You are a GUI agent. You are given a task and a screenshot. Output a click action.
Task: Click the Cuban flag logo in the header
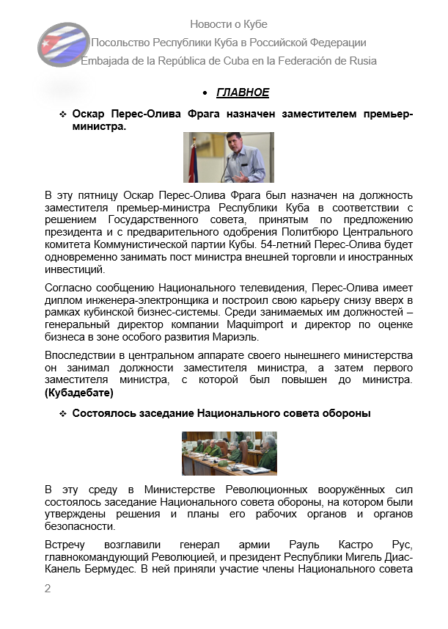pos(63,46)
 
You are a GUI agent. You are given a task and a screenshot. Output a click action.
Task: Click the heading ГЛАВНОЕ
pos(243,92)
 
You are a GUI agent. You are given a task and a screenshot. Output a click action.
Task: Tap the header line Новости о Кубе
pos(228,24)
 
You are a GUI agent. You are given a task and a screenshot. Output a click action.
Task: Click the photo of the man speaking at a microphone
pos(228,157)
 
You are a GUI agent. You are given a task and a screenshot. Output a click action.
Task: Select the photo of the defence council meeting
pos(229,453)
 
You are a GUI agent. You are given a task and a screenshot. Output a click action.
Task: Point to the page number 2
pos(48,588)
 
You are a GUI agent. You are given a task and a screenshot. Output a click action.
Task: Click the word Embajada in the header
pos(106,60)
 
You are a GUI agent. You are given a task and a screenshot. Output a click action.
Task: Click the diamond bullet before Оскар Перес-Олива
pos(63,115)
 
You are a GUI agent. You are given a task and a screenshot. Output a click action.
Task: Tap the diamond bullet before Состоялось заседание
pos(63,414)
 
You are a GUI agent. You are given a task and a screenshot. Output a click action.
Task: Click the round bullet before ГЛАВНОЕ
pos(205,93)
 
